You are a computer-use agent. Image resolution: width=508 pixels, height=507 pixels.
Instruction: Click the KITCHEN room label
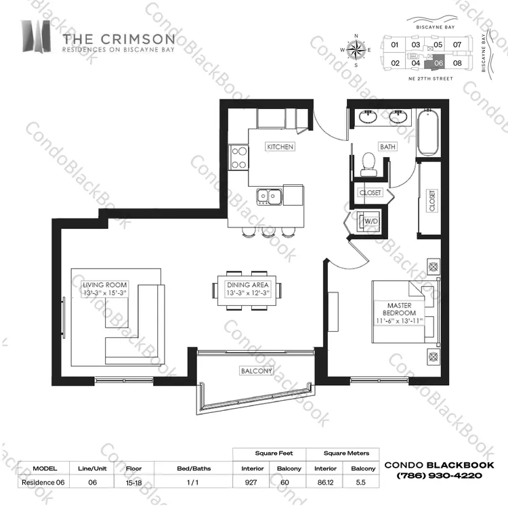coord(280,147)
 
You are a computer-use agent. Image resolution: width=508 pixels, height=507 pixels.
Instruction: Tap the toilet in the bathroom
coord(368,164)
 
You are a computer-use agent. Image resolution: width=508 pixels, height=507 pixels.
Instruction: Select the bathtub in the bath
coord(428,132)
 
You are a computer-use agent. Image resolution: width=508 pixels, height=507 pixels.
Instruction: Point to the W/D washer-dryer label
coord(371,221)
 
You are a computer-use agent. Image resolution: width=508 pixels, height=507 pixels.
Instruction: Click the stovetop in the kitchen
coord(239,158)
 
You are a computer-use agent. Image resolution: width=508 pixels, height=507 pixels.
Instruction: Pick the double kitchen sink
coord(269,196)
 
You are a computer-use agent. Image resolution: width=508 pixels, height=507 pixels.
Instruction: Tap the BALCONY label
coord(256,371)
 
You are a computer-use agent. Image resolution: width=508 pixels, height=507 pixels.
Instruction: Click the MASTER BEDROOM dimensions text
coord(399,321)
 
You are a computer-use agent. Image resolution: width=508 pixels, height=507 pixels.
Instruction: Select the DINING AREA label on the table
coord(248,285)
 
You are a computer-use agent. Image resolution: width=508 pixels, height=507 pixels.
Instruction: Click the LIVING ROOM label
coord(104,285)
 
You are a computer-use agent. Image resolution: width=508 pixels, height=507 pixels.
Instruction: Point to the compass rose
coord(356,50)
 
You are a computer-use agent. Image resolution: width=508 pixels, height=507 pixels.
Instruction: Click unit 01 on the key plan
coord(394,45)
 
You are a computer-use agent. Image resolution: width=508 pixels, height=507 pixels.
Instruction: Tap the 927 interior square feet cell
coord(251,483)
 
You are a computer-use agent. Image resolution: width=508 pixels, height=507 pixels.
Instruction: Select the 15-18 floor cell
coord(134,483)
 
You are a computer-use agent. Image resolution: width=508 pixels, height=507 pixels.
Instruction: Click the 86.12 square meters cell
coord(325,483)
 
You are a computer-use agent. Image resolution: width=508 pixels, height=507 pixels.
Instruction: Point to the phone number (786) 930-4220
coord(440,476)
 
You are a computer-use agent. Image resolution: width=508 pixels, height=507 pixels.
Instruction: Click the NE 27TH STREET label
coord(431,79)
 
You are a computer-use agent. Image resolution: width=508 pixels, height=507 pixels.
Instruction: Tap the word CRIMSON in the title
coord(137,39)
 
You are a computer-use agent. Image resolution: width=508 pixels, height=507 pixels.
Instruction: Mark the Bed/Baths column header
coord(194,468)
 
